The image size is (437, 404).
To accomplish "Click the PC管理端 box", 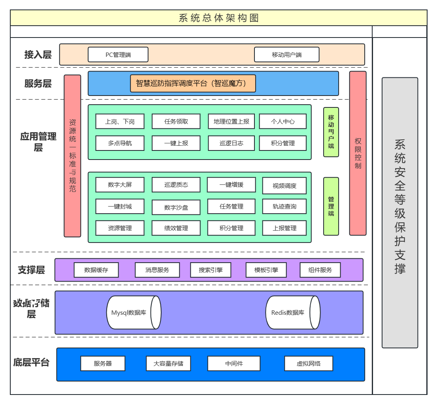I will coord(118,55).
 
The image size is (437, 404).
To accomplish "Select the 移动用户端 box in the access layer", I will coord(286,55).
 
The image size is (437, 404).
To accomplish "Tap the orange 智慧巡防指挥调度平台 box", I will coord(193,83).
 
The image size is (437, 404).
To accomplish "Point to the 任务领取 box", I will coord(176,121).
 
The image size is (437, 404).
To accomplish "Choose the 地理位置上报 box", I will coord(231,121).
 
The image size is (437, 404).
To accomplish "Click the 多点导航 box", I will coord(120,143).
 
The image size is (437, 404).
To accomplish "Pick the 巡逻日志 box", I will coord(231,143).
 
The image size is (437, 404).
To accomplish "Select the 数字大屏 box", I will coord(120,184).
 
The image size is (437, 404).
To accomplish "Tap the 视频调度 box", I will coord(284,186).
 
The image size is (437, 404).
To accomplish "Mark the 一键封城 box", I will coord(120,206).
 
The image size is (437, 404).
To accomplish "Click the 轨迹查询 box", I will coord(284,206).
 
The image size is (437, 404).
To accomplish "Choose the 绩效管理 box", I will coord(176,228).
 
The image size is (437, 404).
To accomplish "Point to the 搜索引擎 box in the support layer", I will coord(211,270).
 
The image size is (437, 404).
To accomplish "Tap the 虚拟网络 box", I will coord(308,363).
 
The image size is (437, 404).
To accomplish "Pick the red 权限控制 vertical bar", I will coord(358,153).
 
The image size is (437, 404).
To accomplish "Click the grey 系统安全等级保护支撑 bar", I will coord(399,212).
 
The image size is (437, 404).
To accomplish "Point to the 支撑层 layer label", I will coord(31,270).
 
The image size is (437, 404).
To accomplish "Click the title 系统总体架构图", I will coord(218,18).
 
